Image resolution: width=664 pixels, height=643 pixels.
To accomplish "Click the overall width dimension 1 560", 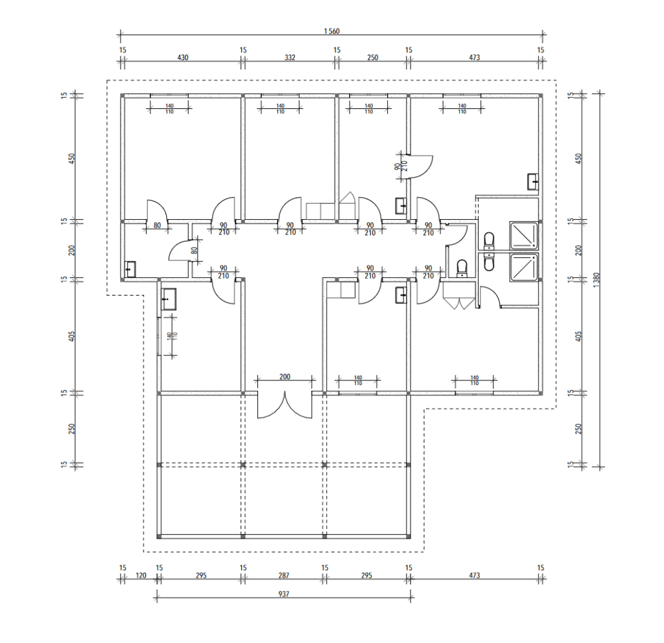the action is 331,31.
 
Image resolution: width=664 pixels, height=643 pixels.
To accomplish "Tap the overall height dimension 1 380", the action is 597,280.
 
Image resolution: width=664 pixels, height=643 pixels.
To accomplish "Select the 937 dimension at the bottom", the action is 284,594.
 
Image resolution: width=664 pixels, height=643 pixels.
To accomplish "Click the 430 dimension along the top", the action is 182,58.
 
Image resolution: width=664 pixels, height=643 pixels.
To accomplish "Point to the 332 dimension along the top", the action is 290,58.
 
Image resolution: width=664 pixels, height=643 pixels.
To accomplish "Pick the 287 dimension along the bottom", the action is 284,576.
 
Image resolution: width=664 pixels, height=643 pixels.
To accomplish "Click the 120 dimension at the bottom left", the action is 141,576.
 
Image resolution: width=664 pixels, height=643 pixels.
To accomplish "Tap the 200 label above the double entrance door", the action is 285,377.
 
